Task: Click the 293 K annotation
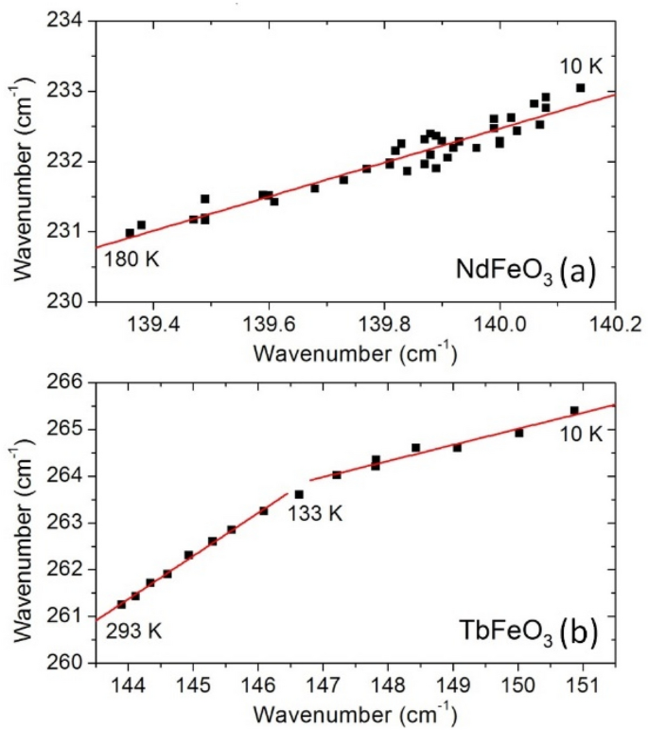point(132,632)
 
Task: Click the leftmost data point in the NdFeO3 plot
point(130,233)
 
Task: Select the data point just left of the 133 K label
point(299,494)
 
